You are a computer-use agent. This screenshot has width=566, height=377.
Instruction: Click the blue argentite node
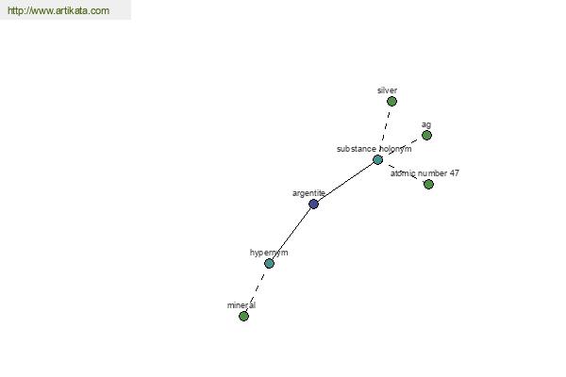point(314,205)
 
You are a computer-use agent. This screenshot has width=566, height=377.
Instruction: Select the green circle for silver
point(391,102)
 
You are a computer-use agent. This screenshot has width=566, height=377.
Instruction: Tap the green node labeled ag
point(426,136)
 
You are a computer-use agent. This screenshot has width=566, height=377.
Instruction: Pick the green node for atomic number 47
point(428,185)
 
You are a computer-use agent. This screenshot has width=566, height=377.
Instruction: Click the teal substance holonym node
point(377,160)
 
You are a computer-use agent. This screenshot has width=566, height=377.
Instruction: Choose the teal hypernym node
point(269,263)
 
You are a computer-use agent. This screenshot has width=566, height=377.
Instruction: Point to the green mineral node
point(243,317)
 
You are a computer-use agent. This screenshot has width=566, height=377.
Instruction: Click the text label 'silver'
point(388,90)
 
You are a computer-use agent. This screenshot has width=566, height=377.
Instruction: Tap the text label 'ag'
point(426,124)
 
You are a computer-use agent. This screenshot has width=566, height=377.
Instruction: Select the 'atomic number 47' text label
point(424,173)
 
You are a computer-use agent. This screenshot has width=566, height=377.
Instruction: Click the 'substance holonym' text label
point(374,149)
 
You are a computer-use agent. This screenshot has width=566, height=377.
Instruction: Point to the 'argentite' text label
point(308,193)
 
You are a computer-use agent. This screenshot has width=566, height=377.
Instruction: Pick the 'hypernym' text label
point(269,253)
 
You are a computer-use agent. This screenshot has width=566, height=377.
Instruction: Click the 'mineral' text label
point(241,305)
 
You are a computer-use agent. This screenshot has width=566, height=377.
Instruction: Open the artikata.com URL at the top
point(58,10)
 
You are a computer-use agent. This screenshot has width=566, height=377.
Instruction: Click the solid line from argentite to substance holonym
point(346,182)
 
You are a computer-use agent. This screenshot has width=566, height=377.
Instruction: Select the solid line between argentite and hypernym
point(291,234)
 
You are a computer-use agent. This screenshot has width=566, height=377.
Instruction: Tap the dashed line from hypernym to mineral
point(257,290)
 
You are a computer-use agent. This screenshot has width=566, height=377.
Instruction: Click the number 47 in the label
point(454,173)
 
